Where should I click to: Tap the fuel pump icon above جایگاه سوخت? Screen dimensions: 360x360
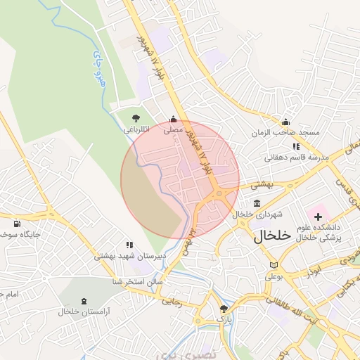(x=17, y=224)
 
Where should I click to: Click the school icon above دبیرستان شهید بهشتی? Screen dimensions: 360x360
(x=129, y=245)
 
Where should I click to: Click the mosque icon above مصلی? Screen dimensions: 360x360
(x=173, y=120)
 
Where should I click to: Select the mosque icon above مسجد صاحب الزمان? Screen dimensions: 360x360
(x=285, y=122)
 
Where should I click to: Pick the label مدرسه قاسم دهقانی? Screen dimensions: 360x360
(x=297, y=157)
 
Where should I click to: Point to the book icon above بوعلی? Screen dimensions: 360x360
(x=274, y=265)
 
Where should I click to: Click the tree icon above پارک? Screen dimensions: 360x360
(x=224, y=309)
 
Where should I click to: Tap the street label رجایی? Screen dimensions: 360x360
(x=172, y=301)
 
